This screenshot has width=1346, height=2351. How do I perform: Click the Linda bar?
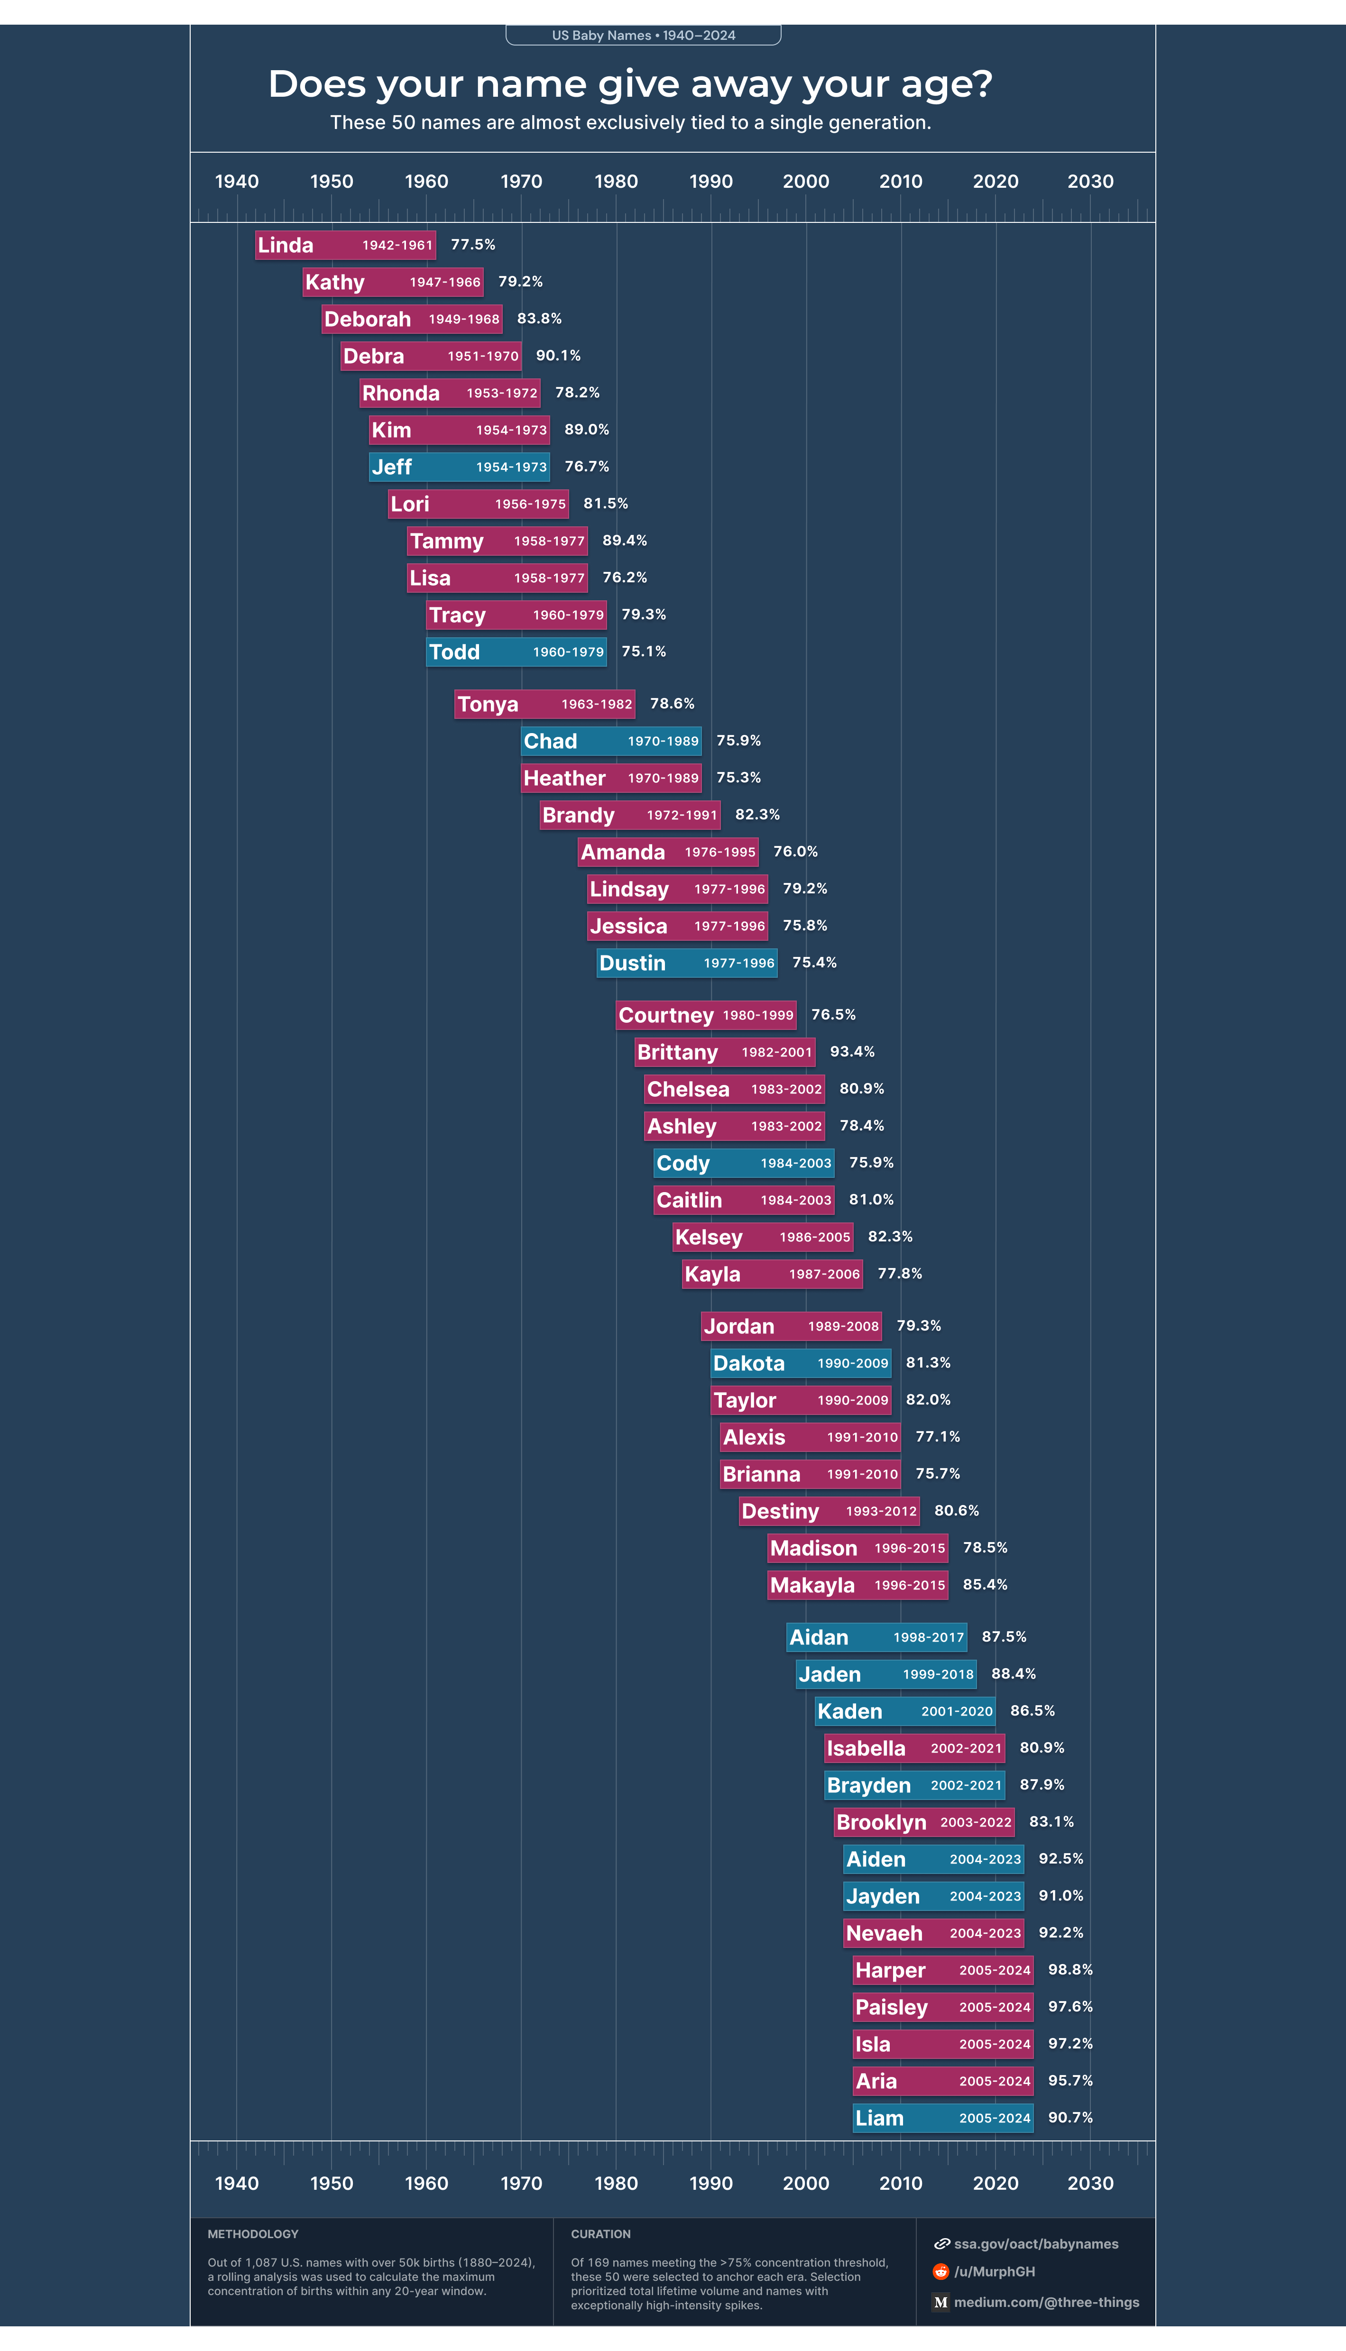pos(345,245)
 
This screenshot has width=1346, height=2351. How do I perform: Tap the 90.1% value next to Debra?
pos(558,356)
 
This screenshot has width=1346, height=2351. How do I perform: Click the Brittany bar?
pos(725,1052)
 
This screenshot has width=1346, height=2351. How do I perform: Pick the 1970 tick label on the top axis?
pos(521,181)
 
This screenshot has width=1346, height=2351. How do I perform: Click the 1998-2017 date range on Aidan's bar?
pos(928,1637)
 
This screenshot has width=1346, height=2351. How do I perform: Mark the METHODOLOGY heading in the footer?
pos(252,2233)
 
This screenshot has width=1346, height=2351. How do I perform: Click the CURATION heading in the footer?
pos(601,2233)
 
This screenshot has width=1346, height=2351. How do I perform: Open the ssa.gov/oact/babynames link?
pos(1035,2244)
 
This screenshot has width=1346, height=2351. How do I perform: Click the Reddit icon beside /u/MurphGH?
pos(941,2271)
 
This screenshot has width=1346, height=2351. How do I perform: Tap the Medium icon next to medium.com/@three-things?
pos(941,2302)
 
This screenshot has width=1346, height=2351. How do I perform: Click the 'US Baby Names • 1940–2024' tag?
pos(644,35)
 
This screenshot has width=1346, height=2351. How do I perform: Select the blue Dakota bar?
pos(801,1363)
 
